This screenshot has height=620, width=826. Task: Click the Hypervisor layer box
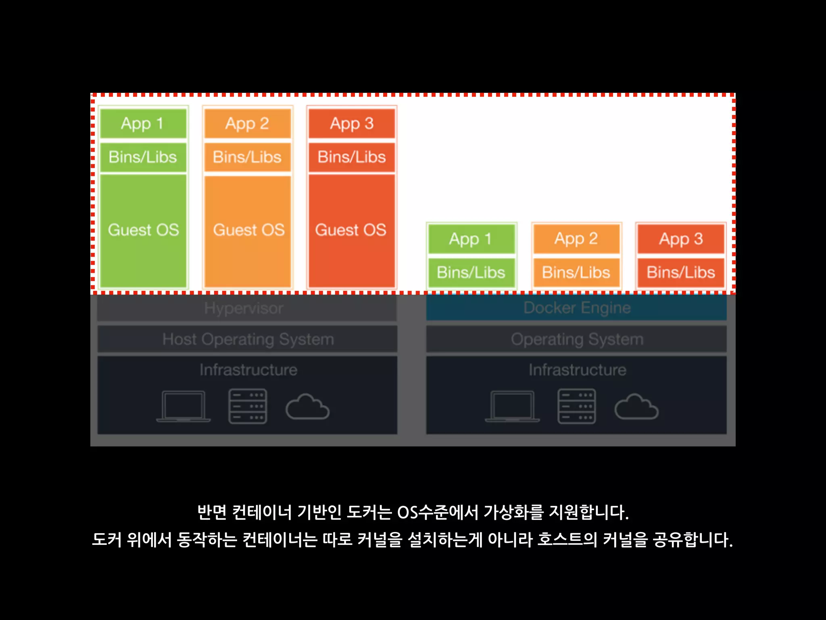tap(247, 308)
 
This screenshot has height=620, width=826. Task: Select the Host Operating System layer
tap(247, 339)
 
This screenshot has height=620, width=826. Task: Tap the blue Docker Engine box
tap(576, 308)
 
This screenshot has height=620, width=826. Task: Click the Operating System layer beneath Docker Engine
tap(576, 339)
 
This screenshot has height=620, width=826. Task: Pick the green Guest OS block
tap(143, 230)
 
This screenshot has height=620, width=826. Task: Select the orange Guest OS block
tap(248, 230)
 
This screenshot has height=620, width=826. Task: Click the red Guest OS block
tap(351, 230)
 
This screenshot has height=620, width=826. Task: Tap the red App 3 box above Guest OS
tap(352, 124)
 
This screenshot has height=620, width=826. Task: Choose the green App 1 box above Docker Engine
tap(471, 239)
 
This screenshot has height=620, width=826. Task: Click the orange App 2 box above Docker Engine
tap(576, 239)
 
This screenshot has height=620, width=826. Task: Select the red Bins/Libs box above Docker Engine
tap(681, 272)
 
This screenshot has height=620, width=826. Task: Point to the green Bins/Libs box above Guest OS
tap(143, 157)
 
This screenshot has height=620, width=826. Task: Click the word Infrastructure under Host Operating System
tap(248, 370)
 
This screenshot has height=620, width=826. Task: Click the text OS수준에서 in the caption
tap(438, 512)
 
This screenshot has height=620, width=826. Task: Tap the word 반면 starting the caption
tap(212, 512)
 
